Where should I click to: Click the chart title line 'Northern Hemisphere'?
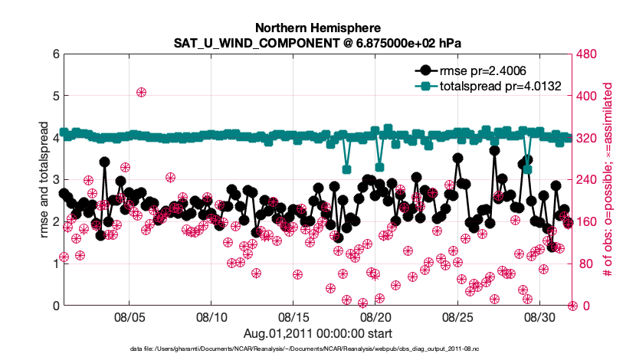tap(316, 27)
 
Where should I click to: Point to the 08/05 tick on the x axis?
tap(129, 316)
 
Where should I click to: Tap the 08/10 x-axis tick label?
tap(211, 316)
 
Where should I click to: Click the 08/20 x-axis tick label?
tap(375, 316)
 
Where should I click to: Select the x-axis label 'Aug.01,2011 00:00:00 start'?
tap(317, 333)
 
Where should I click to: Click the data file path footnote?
tap(317, 349)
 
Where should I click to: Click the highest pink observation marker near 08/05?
tap(142, 92)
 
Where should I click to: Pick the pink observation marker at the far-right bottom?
tap(572, 306)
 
